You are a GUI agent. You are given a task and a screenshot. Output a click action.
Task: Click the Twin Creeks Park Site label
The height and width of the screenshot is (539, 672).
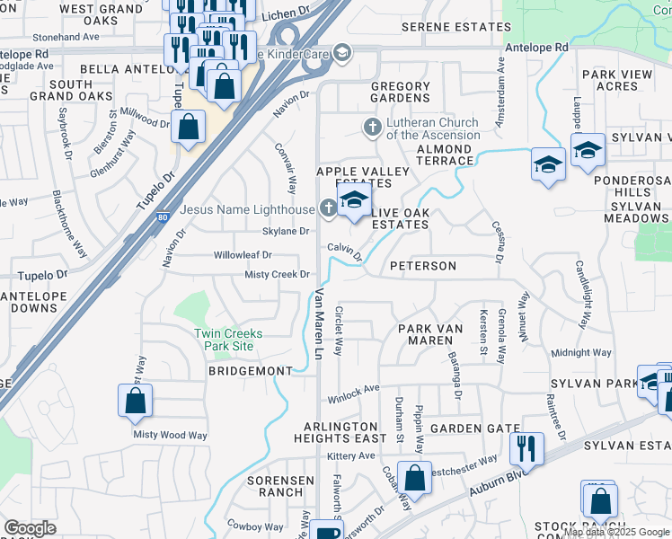(229, 340)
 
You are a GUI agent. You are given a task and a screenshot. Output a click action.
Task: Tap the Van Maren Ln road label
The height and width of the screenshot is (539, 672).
(317, 323)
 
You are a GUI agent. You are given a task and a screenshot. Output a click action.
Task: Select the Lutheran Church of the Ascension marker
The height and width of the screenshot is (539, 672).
(371, 128)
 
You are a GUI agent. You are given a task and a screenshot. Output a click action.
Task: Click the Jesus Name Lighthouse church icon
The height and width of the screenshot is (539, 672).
(328, 209)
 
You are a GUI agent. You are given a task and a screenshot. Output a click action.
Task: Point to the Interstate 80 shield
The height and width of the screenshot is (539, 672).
(162, 216)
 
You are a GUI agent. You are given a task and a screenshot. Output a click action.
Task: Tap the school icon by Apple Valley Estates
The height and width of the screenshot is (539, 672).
(355, 200)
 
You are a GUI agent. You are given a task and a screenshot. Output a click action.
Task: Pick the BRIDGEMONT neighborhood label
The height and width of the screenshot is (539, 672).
(251, 371)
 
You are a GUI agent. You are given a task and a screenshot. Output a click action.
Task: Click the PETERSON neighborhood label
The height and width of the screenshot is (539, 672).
(423, 267)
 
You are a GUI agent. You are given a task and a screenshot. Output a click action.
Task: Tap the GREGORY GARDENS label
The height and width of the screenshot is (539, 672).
(401, 93)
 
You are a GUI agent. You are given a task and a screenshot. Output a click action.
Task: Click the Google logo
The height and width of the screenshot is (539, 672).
(31, 528)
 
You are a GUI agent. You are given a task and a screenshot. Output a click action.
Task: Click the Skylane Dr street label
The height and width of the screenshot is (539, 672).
(285, 231)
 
